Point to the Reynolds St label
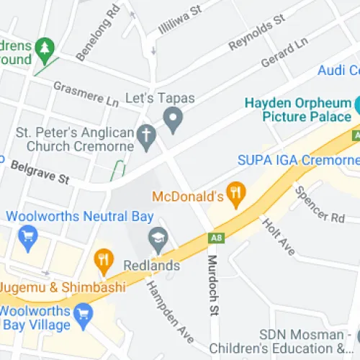257,35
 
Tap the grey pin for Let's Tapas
172,119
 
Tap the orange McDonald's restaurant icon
234,192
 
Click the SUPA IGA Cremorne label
297,160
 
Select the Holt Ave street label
278,236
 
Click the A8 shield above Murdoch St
215,237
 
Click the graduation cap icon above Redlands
157,238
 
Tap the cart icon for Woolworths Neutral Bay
28,238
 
